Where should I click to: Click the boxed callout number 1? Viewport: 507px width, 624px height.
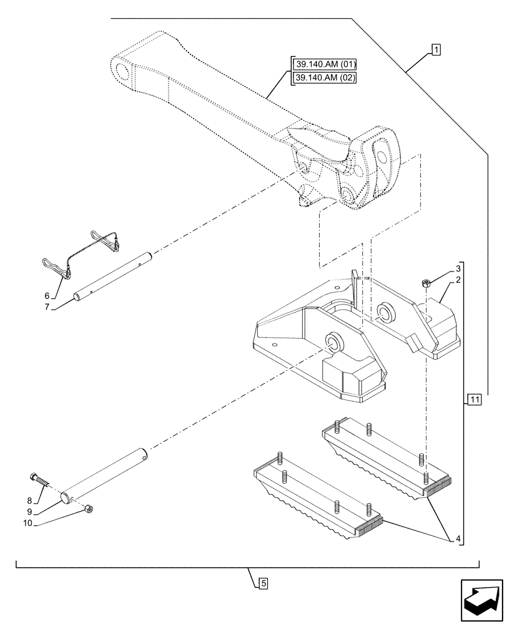point(436,49)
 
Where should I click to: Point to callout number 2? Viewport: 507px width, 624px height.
point(458,280)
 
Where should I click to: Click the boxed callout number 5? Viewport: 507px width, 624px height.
point(263,584)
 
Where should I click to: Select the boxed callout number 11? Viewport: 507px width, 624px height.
point(475,399)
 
